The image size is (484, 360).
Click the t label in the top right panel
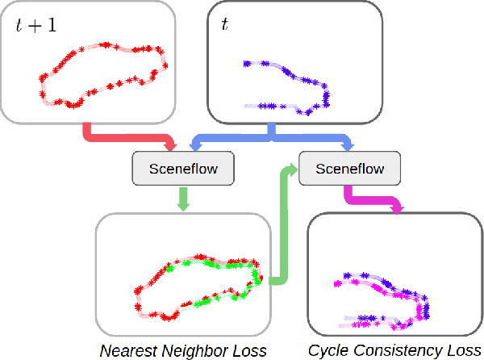225,26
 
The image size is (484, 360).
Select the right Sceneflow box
349,169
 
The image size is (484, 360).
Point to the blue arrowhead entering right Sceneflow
348,145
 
